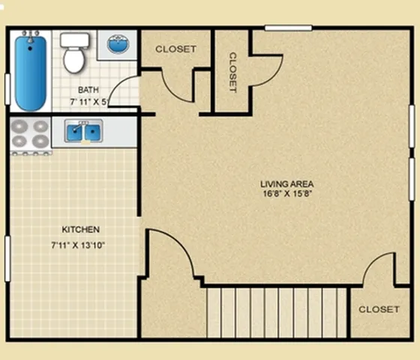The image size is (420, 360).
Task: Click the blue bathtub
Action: tap(30, 73)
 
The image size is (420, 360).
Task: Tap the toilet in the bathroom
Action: tap(74, 53)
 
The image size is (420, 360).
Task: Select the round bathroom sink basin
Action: tap(118, 43)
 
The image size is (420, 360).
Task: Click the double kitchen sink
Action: tap(83, 131)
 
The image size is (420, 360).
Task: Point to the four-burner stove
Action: tap(30, 136)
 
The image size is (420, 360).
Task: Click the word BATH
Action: tap(88, 90)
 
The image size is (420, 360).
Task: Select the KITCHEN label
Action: tap(81, 229)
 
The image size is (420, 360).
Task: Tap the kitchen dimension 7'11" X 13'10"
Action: tap(78, 245)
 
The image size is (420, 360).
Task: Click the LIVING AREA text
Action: tap(286, 184)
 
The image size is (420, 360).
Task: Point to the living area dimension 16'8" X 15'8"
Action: tap(287, 193)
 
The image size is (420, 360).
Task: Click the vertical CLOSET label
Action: tap(232, 72)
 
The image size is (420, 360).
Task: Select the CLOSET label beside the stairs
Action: tap(379, 309)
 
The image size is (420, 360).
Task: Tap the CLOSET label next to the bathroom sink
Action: tap(175, 49)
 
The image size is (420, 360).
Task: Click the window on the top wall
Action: tap(289, 28)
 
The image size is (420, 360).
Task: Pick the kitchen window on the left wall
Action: tap(7, 259)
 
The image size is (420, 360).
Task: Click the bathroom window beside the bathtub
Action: tap(7, 89)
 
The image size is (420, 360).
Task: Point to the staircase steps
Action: tap(277, 313)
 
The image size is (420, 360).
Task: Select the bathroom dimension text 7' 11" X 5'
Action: tap(89, 102)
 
